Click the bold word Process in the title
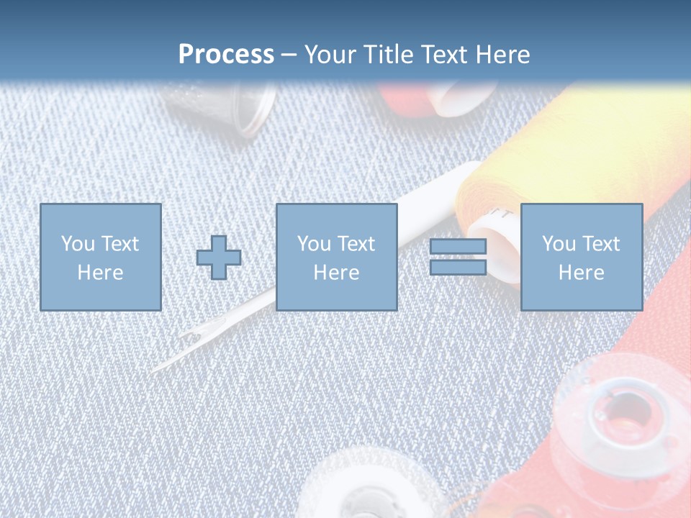(226, 54)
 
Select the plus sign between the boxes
(219, 258)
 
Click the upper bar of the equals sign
(458, 247)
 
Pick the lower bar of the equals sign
(458, 267)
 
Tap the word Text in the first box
(119, 244)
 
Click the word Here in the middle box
(336, 273)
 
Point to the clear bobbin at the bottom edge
(367, 489)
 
